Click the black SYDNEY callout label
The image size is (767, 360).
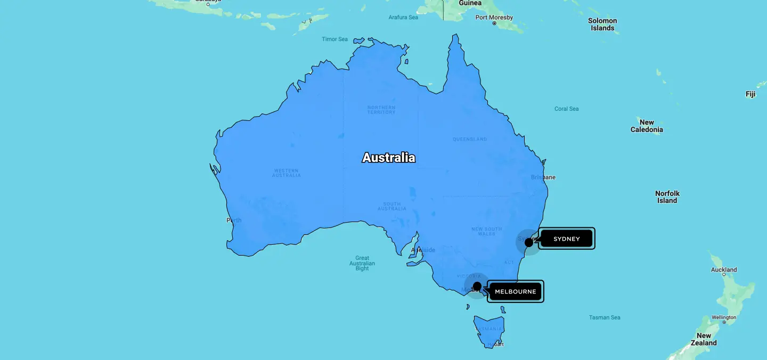566,239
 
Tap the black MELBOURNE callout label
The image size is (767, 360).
515,291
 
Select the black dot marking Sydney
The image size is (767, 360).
528,242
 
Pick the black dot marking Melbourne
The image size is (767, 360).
477,286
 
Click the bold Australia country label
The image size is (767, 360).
388,158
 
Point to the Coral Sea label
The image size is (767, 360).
566,109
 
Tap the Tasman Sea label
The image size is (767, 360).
605,317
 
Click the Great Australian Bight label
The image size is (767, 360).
362,263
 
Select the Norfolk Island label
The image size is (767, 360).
667,197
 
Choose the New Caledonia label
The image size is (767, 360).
647,126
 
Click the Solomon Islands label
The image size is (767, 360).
602,24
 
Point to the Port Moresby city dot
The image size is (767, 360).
494,23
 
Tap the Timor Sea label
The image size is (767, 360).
334,39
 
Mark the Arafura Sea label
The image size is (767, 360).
403,17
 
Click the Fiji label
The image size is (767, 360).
750,94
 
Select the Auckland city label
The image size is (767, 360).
724,269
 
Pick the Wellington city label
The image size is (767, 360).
724,317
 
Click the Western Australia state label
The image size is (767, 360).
287,173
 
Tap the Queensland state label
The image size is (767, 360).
470,139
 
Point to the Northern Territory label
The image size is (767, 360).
381,110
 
